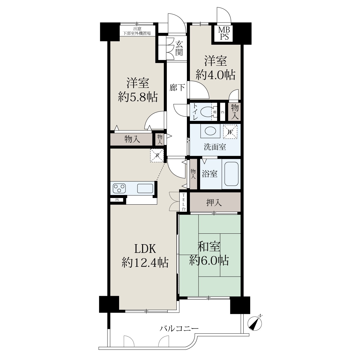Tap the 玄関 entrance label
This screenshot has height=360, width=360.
click(179, 49)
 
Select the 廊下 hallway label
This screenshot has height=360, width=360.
click(177, 88)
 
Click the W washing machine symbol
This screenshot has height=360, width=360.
click(230, 131)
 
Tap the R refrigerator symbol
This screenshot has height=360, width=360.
click(157, 155)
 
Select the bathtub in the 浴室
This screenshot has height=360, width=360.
click(231, 174)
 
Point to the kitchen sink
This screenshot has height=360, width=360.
click(145, 188)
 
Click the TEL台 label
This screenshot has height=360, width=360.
click(184, 202)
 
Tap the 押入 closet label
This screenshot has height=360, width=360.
click(214, 202)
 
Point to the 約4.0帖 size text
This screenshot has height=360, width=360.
click(215, 75)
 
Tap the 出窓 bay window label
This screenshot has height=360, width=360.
click(137, 29)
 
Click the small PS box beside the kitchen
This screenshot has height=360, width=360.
click(117, 200)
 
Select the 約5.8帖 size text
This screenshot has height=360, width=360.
click(138, 97)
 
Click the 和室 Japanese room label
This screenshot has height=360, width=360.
click(209, 246)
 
